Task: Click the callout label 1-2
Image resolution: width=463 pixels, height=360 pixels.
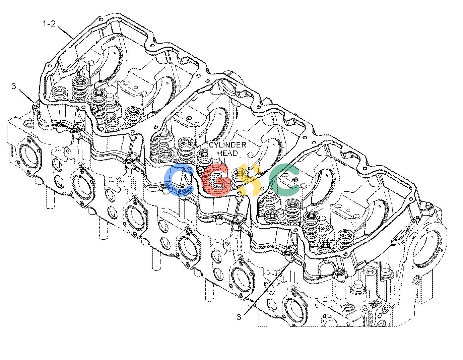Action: click(x=49, y=23)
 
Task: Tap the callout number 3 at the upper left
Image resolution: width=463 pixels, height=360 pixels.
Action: click(x=14, y=86)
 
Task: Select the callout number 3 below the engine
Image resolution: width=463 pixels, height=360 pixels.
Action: click(x=239, y=317)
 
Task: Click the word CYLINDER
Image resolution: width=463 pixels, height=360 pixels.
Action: click(x=227, y=145)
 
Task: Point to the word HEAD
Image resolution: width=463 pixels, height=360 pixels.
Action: click(x=227, y=153)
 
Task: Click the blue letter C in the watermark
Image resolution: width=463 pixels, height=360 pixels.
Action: click(x=179, y=180)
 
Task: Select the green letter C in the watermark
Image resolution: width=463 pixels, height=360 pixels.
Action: click(x=284, y=180)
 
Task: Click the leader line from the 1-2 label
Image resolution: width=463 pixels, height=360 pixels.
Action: click(x=65, y=33)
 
